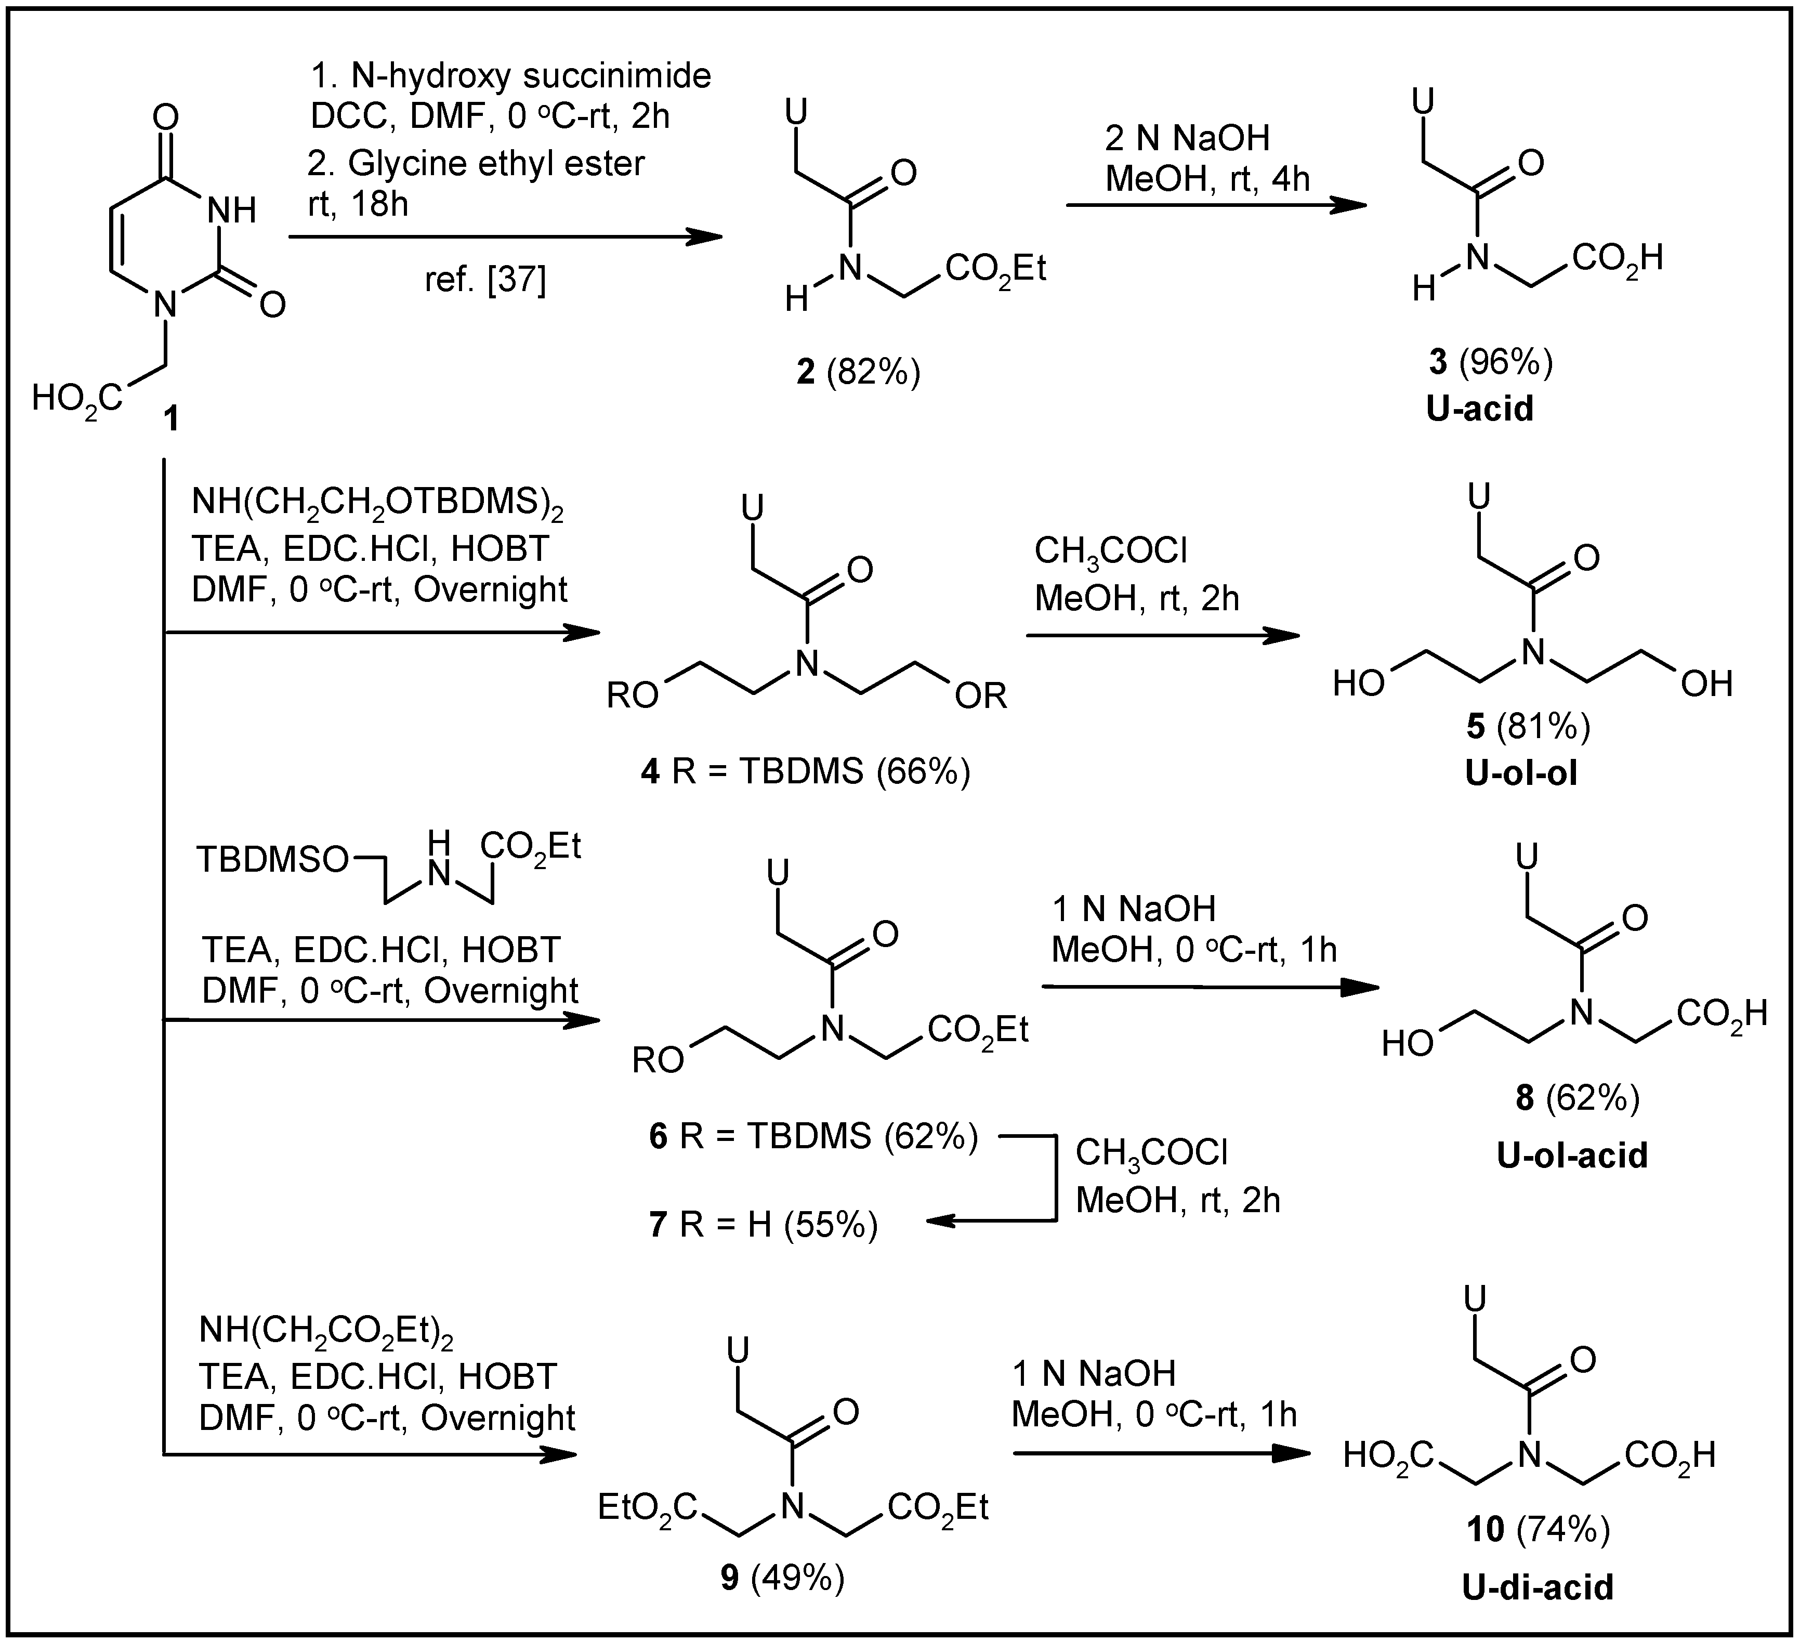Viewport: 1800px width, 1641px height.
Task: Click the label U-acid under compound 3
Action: (x=1479, y=408)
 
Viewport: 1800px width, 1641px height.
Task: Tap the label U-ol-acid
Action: (x=1572, y=1156)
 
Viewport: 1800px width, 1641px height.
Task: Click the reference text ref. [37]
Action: (x=485, y=280)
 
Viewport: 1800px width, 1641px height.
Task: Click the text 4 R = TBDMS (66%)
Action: (x=805, y=770)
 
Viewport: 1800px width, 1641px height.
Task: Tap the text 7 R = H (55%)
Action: (x=764, y=1225)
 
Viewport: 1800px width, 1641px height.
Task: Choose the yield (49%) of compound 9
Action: (x=797, y=1579)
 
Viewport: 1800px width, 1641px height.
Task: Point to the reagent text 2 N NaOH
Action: (x=1188, y=138)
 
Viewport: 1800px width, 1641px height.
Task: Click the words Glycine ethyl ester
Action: (x=495, y=163)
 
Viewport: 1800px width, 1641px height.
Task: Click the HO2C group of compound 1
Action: (x=77, y=398)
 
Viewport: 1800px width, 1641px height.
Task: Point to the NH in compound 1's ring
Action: (x=231, y=211)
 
